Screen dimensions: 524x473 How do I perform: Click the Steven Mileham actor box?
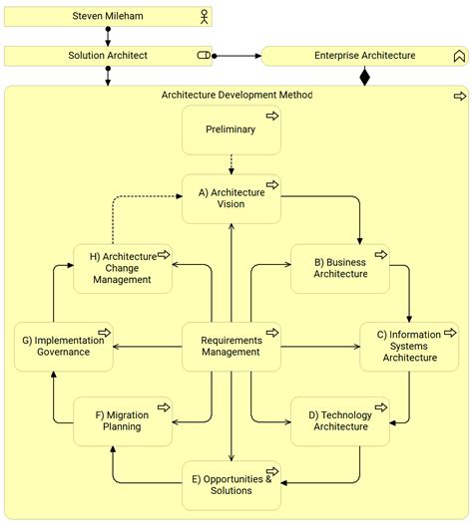coord(108,17)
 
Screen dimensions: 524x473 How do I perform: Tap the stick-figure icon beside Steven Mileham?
coord(205,17)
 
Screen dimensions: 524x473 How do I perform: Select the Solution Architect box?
coord(108,56)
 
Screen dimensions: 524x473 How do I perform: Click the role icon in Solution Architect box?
coord(204,56)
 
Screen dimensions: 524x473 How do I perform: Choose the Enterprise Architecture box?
coord(364,56)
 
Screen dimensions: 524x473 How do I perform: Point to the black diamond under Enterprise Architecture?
coord(364,76)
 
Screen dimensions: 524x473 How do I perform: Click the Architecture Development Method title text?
coord(236,96)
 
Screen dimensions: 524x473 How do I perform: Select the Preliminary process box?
coord(231,130)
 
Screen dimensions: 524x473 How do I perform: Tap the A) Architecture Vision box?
coord(231,198)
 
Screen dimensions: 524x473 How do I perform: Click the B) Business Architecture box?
coord(340,268)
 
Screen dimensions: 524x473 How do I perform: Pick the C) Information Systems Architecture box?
coord(409,346)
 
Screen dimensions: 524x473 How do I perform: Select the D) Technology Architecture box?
coord(340,420)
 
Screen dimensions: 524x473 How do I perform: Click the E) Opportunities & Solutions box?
coord(231,485)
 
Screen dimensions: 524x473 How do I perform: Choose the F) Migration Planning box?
coord(123,420)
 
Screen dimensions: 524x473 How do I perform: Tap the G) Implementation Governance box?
coord(63,346)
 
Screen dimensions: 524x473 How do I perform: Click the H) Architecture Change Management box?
coord(123,268)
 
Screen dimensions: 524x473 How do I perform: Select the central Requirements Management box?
coord(231,346)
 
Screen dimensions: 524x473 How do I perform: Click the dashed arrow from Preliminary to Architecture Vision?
coord(231,163)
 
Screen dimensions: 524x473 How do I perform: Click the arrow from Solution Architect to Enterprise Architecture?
coord(236,56)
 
